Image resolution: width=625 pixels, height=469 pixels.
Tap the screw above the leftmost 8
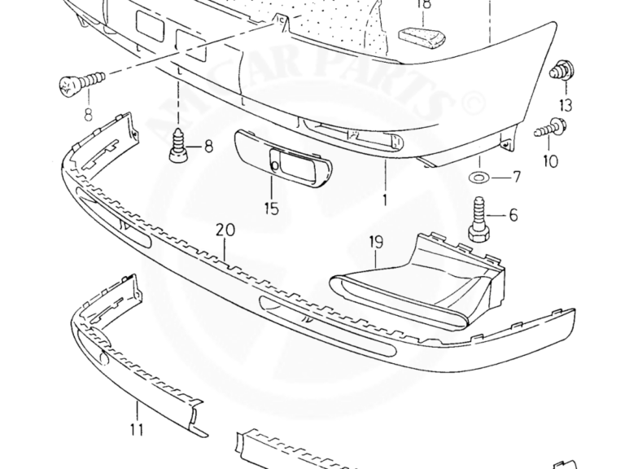point(81,81)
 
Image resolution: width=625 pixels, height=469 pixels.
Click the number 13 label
point(566,105)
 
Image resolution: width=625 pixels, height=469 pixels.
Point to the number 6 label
point(514,216)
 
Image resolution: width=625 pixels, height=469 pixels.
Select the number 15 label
point(272,209)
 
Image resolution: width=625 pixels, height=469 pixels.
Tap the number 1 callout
point(385,198)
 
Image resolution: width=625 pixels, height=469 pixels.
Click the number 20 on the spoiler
point(225,230)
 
